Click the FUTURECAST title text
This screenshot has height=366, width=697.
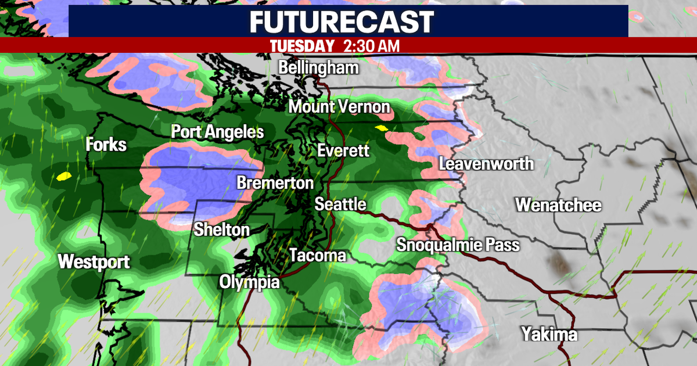tap(342, 21)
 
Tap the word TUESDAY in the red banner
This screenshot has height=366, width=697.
tap(303, 46)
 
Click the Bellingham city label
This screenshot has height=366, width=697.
tap(318, 67)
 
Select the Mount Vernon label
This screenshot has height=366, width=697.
tap(339, 107)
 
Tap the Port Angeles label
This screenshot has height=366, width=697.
tap(217, 132)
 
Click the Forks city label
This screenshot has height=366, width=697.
tap(106, 144)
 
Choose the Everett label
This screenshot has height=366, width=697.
tap(343, 151)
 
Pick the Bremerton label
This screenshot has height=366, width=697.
tap(275, 183)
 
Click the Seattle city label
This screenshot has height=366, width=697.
tap(340, 204)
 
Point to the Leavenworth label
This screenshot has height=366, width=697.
tap(486, 164)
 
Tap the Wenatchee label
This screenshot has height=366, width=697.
tap(558, 205)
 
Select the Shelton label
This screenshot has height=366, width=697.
tap(221, 229)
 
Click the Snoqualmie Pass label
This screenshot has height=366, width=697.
tap(458, 245)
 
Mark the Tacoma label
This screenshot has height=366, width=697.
tap(317, 255)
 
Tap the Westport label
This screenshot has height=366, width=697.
tap(94, 261)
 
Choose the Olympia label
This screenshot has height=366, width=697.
tap(249, 282)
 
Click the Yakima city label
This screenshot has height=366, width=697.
tap(549, 334)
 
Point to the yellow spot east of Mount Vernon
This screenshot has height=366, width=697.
tap(381, 128)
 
